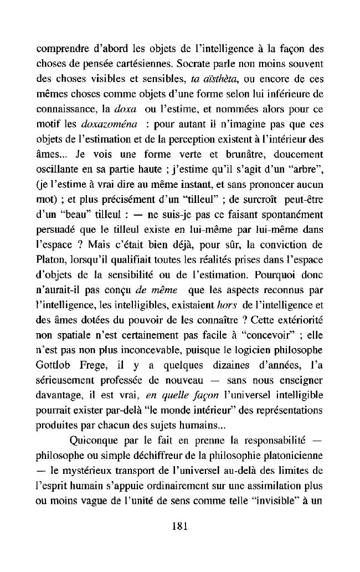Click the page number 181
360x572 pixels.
coord(179,527)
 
